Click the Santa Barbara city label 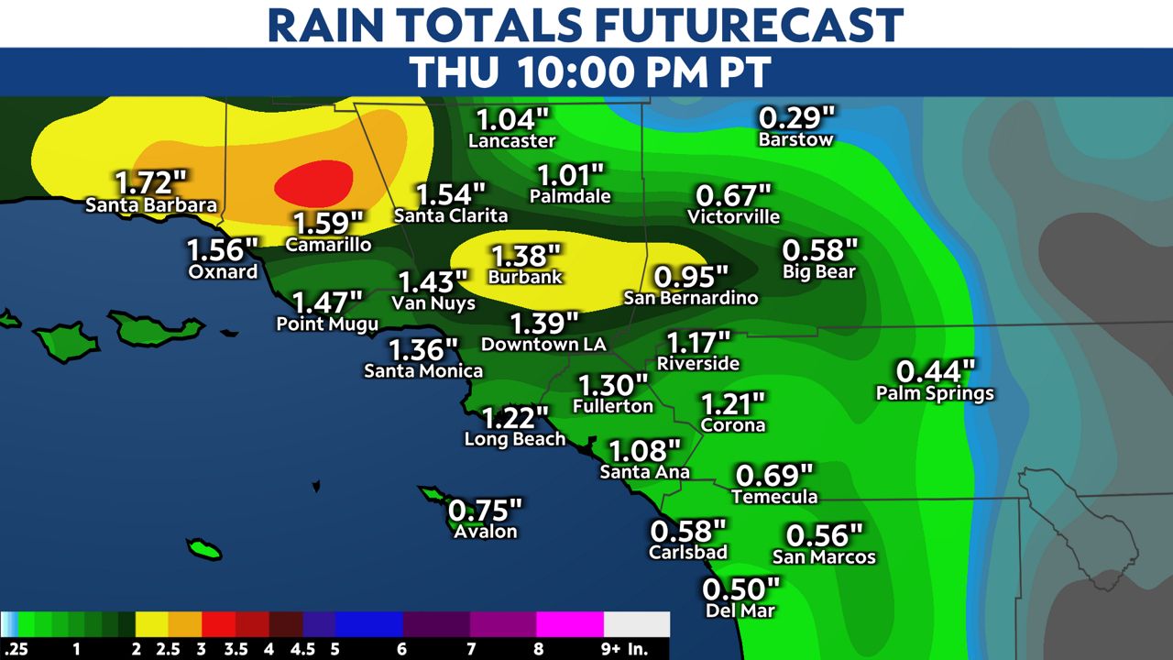click(x=151, y=205)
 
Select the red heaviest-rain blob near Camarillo click(x=313, y=184)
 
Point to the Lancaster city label click(x=512, y=141)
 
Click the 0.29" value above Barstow click(x=797, y=118)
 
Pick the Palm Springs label click(x=935, y=394)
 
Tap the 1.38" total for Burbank click(x=525, y=256)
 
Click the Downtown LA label click(x=543, y=345)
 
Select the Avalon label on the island click(x=486, y=532)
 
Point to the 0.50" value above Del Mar click(x=740, y=588)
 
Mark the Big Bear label click(x=819, y=272)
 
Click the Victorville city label click(x=734, y=217)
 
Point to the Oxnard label click(x=223, y=272)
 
